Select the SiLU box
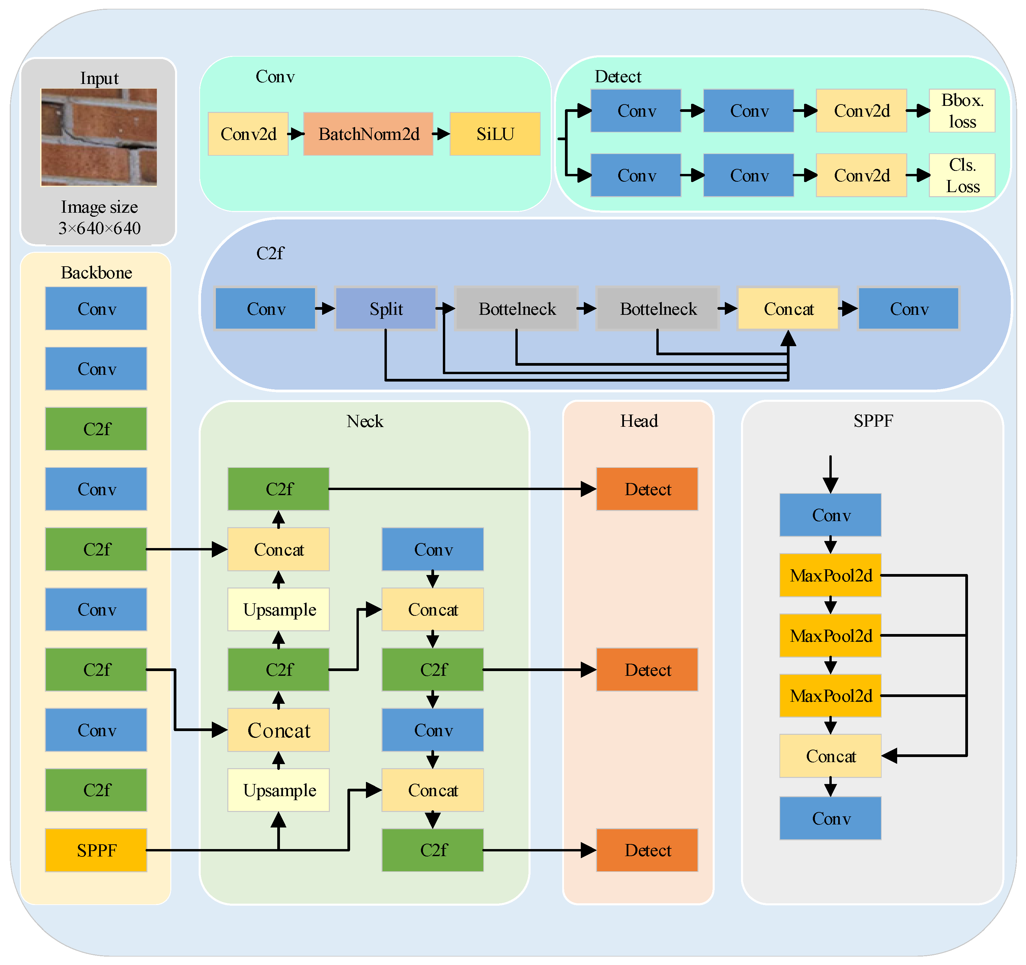tap(494, 134)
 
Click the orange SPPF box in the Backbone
tap(96, 850)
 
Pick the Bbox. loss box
tap(962, 110)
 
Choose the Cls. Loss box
tap(962, 175)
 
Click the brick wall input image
tap(98, 137)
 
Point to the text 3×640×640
tap(99, 228)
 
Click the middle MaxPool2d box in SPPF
tap(830, 635)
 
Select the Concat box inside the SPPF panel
tap(830, 756)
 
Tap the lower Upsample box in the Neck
tap(279, 790)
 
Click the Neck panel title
tap(365, 421)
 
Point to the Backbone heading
tap(96, 272)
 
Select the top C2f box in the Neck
tap(279, 489)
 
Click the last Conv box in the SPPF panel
tap(830, 818)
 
